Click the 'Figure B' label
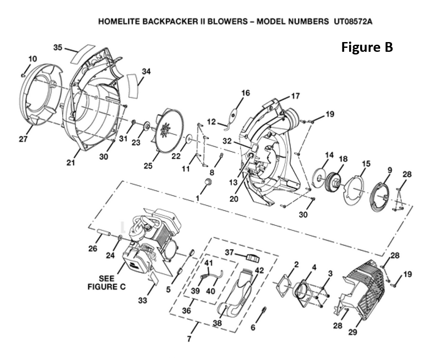coord(367,47)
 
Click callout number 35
coord(58,47)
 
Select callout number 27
coord(23,139)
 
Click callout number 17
coord(295,96)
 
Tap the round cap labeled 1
coord(209,182)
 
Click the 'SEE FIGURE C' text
coord(107,283)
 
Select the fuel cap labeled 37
coord(253,257)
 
